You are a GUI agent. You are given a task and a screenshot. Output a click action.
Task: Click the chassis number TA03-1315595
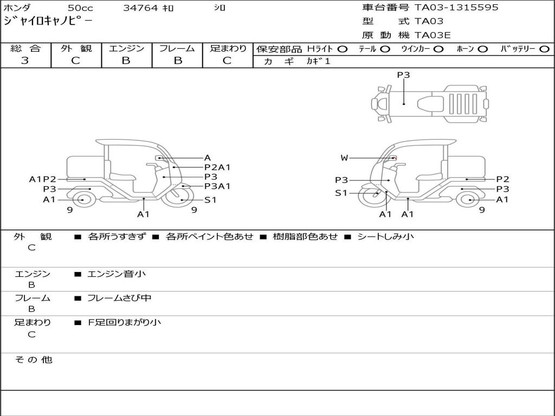(x=456, y=8)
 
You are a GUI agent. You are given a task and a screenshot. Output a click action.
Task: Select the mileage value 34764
(x=140, y=8)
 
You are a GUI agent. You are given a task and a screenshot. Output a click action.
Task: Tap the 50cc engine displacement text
(x=80, y=8)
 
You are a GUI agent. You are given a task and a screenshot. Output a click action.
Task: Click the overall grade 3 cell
(x=25, y=61)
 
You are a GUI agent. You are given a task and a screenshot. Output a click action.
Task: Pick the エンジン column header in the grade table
(x=126, y=49)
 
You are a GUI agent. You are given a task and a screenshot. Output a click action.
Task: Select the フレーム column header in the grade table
(x=177, y=49)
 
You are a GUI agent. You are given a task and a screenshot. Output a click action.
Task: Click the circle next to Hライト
(x=342, y=49)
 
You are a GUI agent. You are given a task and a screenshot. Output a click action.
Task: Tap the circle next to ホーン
(x=482, y=49)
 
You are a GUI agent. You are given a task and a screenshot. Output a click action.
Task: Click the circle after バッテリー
(x=544, y=49)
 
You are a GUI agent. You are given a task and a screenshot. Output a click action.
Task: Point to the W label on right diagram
(x=344, y=158)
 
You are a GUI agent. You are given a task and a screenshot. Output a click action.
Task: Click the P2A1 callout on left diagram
(x=217, y=167)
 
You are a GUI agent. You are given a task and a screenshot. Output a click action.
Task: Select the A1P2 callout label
(x=43, y=179)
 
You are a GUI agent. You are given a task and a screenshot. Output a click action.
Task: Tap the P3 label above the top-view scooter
(x=403, y=75)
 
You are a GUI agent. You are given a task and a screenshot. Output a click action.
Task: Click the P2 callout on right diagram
(x=503, y=179)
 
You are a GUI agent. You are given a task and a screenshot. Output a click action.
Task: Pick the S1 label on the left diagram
(x=210, y=200)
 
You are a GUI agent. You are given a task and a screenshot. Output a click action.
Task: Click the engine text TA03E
(x=433, y=36)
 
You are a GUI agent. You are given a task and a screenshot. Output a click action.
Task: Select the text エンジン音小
(x=117, y=274)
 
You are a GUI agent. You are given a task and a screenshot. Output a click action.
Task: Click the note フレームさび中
(x=119, y=298)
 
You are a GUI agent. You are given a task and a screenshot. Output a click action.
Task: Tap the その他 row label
(x=34, y=360)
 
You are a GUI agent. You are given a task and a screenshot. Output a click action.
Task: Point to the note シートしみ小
(x=385, y=237)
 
